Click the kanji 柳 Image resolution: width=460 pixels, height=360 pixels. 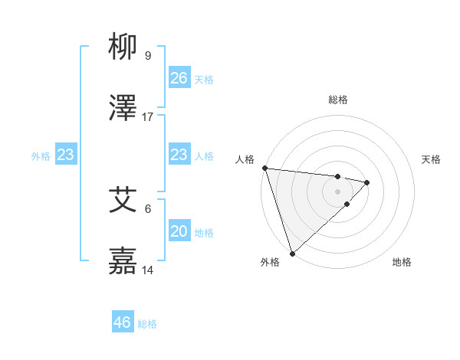[123, 47]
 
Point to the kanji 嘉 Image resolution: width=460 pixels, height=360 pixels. [123, 261]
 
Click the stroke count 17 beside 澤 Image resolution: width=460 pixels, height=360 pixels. [148, 116]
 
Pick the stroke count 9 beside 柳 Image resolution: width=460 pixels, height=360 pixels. [148, 56]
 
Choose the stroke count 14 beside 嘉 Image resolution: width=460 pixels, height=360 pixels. [148, 270]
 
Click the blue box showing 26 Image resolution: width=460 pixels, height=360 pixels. [179, 78]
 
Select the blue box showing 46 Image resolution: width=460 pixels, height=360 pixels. [123, 322]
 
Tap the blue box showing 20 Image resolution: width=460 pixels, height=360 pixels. [179, 231]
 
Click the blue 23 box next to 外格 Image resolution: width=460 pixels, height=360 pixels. [66, 155]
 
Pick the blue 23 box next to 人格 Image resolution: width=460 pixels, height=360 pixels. [179, 155]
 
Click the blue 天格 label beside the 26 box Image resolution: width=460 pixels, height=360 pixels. [204, 79]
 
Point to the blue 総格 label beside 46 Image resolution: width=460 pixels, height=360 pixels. [147, 323]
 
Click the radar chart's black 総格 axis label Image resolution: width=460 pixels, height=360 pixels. [338, 100]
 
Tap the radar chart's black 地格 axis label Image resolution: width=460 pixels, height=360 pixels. [402, 263]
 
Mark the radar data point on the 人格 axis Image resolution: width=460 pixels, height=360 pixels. [264, 168]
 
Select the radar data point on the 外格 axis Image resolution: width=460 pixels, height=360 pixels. [292, 253]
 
